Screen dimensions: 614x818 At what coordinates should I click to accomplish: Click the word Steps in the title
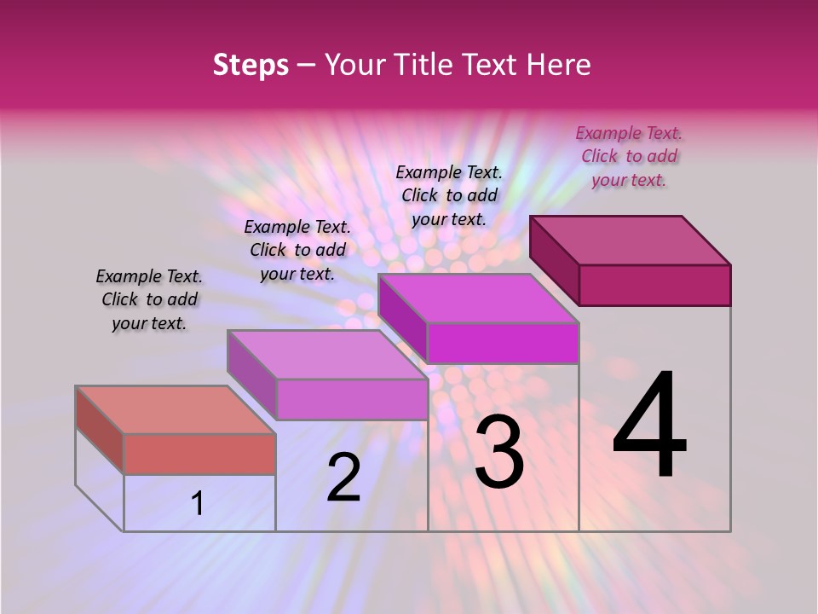(251, 65)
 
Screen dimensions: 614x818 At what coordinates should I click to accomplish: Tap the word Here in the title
(559, 65)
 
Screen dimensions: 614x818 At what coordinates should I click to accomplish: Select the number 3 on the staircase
(498, 451)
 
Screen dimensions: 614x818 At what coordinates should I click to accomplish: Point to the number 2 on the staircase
(343, 478)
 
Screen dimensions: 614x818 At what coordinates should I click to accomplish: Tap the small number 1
(198, 503)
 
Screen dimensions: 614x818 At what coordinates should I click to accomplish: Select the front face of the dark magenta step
(654, 285)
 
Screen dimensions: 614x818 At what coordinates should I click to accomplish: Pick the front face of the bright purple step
(503, 343)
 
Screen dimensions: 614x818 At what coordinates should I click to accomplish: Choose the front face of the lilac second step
(352, 399)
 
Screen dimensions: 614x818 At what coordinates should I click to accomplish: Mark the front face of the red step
(199, 454)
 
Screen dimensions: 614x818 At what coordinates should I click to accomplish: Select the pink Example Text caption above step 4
(629, 156)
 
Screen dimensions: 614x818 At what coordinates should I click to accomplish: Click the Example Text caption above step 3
(449, 195)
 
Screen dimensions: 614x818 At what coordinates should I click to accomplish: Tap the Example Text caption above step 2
(297, 250)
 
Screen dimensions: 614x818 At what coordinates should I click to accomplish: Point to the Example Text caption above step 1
(149, 299)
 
